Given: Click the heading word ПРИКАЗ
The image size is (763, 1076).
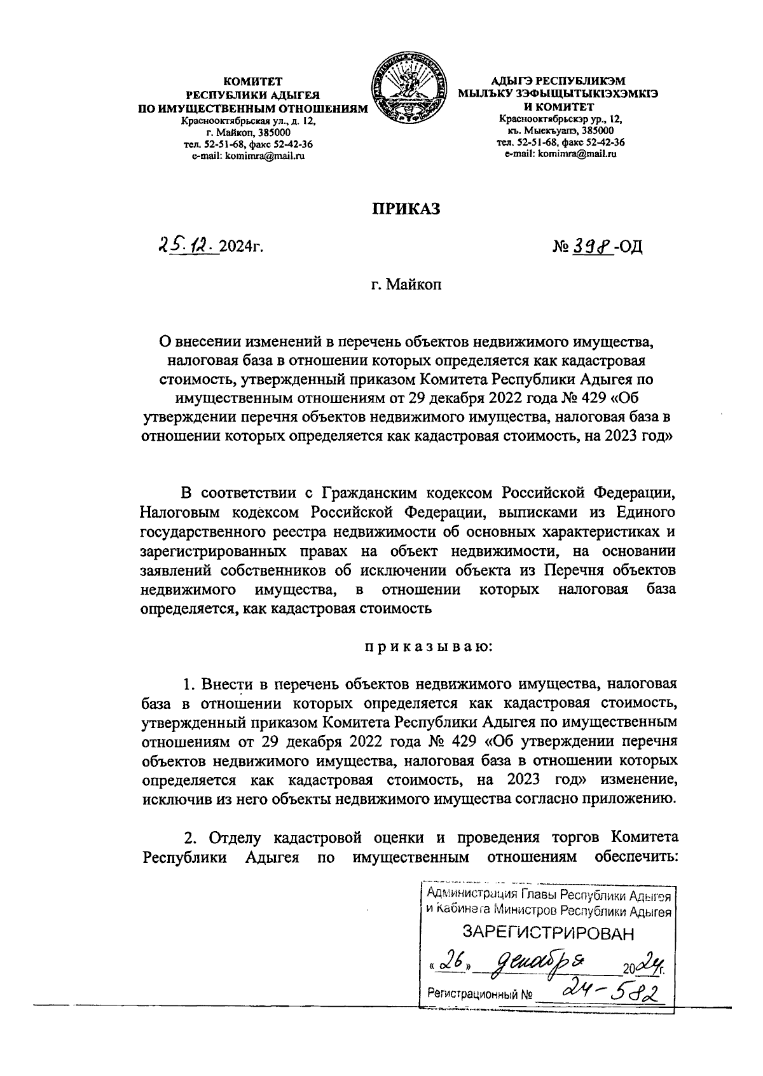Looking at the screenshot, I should [406, 210].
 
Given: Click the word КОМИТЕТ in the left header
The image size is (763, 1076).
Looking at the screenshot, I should [252, 81].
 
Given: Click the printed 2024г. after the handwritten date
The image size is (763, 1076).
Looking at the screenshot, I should [241, 247].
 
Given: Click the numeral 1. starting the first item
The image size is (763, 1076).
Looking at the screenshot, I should [188, 685].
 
